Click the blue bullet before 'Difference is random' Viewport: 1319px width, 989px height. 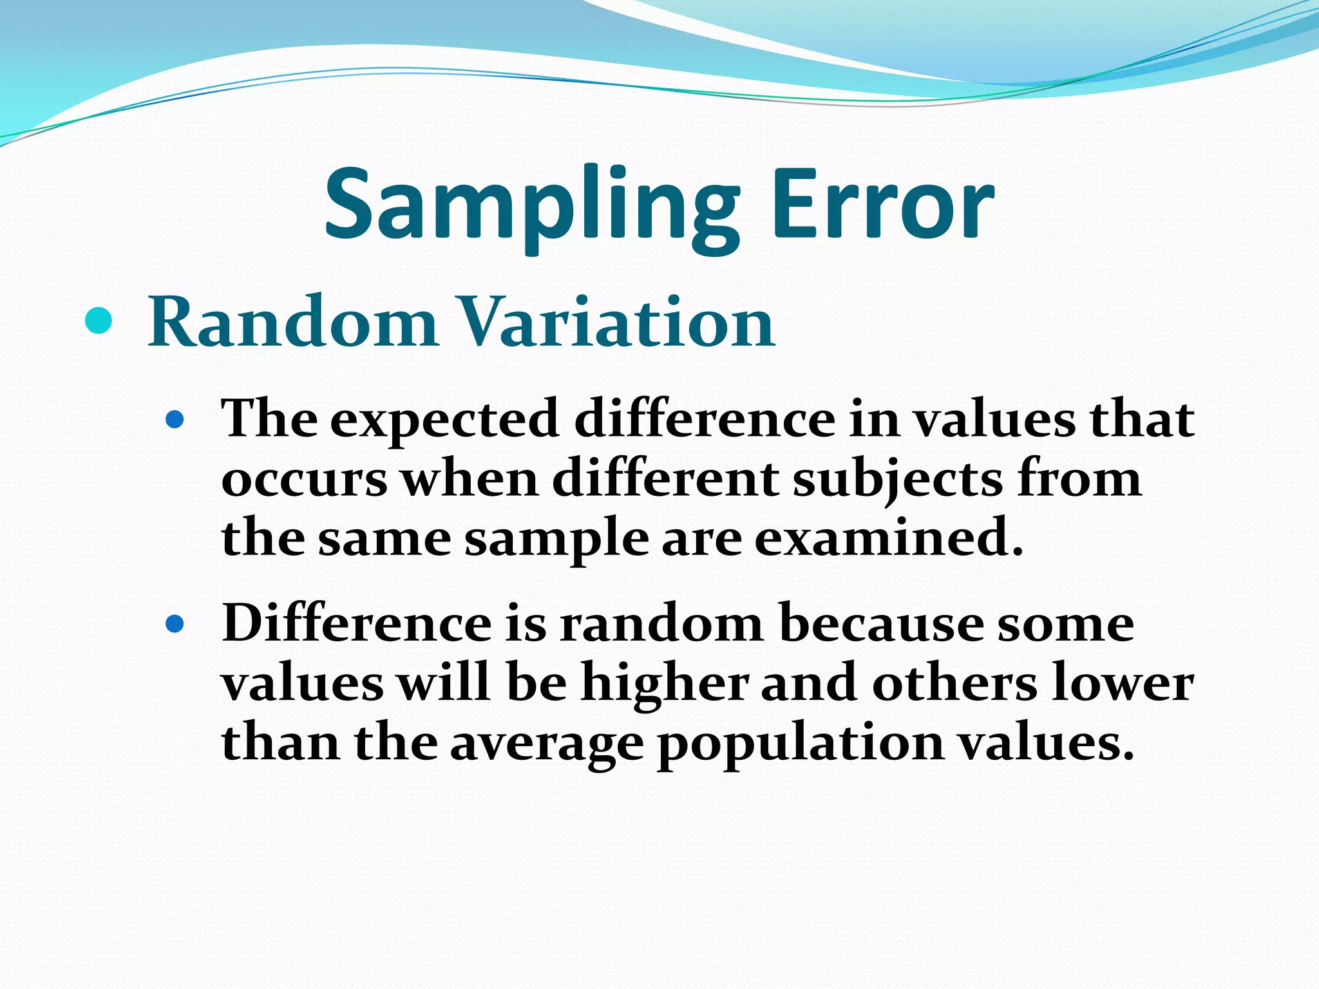click(175, 624)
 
